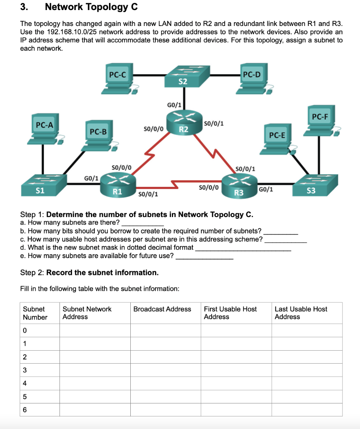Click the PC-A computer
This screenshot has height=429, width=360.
pos(47,130)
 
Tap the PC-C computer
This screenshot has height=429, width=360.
pos(118,80)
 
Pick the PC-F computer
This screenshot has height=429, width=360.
pos(320,120)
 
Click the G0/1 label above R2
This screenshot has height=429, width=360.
pos(174,104)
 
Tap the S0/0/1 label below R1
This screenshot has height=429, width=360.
pos(148,194)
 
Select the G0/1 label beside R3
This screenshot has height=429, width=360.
pos(266,189)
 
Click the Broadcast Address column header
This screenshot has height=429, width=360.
pos(162,309)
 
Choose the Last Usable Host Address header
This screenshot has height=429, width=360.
pos(300,313)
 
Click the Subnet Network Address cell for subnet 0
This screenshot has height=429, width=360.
pos(95,331)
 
